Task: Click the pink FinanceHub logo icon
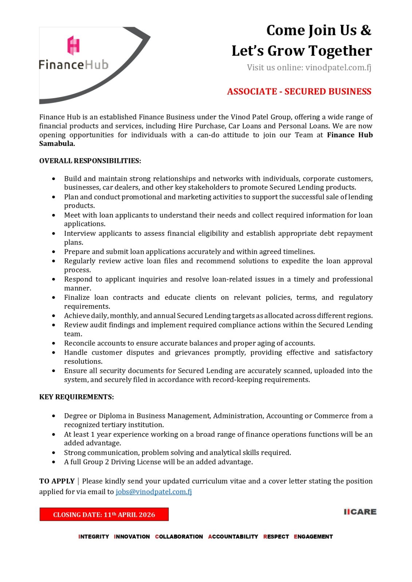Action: coord(73,45)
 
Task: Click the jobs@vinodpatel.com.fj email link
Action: coord(153,491)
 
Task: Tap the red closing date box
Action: coord(104,514)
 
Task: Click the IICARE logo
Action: coord(360,511)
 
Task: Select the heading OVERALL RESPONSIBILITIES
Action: coord(90,161)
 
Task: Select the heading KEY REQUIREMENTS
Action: coord(76,397)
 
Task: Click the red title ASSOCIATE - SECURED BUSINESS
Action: coord(299,91)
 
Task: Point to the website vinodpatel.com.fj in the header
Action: coord(338,67)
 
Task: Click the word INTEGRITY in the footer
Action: coord(94,537)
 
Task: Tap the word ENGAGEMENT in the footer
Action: coord(313,537)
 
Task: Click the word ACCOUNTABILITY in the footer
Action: coord(233,537)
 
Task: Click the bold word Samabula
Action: coord(57,144)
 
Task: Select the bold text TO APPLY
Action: coord(57,481)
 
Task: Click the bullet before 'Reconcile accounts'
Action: coord(54,343)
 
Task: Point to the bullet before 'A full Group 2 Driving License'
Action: coord(54,462)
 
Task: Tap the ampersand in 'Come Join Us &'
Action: coord(366,30)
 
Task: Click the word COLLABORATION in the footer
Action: coord(179,537)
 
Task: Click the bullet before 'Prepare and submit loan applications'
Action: coord(54,252)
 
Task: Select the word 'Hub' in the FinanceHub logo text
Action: coord(97,65)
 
